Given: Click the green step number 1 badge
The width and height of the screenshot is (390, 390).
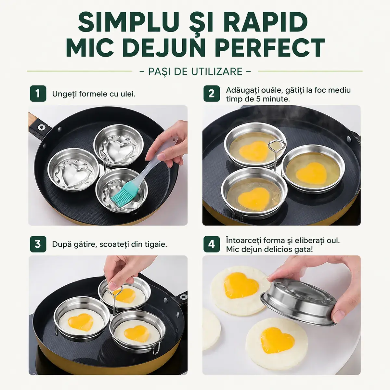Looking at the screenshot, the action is click(38, 94).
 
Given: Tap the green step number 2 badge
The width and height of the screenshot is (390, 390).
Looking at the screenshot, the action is click(212, 94).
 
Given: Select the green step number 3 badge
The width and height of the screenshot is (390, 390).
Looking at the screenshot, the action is click(38, 244).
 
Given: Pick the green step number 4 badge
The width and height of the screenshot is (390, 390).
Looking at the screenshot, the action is click(212, 244).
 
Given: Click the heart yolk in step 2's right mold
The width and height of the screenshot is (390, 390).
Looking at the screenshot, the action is click(311, 173).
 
